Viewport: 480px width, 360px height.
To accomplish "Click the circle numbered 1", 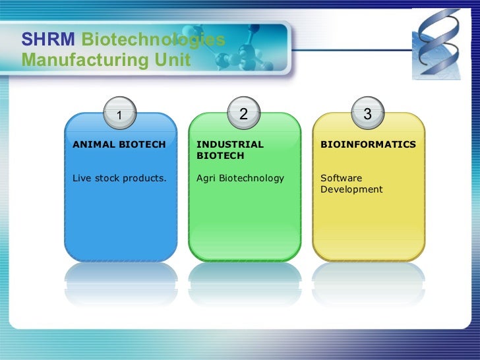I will pos(119,115).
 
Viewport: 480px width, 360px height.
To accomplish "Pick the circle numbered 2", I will pos(243,114).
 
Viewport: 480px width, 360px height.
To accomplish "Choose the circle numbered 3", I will pos(367,114).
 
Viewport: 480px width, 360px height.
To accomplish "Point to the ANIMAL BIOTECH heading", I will pos(119,144).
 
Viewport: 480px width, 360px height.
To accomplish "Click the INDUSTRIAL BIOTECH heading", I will pos(229,150).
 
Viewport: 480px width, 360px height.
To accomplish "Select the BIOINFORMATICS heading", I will pos(368,144).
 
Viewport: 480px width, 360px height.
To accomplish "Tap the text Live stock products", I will pos(119,178).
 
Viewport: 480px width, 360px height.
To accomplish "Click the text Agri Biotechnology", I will pos(240,178).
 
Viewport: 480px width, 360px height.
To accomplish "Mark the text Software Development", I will pos(351,184).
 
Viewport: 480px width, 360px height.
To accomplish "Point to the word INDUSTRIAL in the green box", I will pos(229,144).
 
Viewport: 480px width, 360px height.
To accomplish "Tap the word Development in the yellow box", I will pos(351,190).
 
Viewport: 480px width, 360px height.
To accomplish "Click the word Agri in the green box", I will pos(206,178).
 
